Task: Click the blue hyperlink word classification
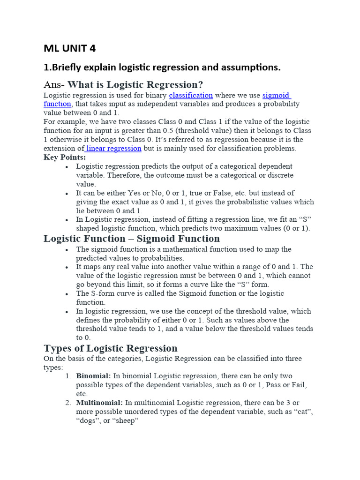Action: point(191,95)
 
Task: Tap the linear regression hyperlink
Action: point(113,148)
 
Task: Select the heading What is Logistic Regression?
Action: point(135,85)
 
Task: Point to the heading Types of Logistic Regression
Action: point(111,348)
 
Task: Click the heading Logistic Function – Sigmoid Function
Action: point(132,239)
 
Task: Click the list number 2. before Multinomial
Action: point(68,403)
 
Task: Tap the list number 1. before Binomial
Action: point(68,376)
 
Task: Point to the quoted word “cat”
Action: point(304,412)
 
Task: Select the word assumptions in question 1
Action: point(247,67)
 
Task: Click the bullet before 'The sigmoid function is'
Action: point(67,249)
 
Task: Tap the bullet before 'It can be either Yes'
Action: point(67,193)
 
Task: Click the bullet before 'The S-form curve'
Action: point(67,294)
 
